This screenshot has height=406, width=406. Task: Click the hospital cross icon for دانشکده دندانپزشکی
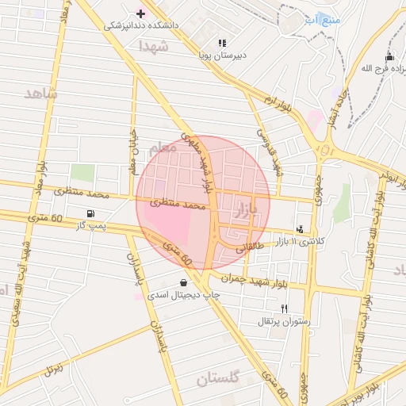[141, 13]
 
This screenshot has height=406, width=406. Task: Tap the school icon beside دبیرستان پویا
[223, 43]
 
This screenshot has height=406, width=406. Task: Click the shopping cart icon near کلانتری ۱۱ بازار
[299, 228]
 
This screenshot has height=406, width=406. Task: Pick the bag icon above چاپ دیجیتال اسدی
[184, 282]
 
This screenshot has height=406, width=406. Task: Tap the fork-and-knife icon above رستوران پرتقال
[285, 308]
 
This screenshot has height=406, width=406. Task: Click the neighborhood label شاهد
[42, 94]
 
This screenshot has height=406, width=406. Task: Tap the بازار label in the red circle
[247, 210]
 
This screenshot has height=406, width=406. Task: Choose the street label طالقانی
[249, 247]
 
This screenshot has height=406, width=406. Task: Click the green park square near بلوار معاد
[82, 172]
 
